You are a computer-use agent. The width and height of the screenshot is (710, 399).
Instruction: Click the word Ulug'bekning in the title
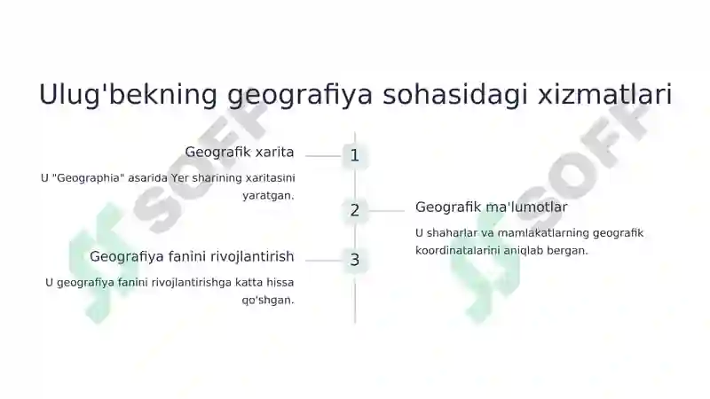pos(128,95)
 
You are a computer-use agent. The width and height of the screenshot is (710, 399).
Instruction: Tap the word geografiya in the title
pos(300,95)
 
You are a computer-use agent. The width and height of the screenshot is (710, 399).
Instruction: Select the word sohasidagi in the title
pos(455,94)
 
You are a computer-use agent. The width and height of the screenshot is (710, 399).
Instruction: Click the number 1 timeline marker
pos(354,156)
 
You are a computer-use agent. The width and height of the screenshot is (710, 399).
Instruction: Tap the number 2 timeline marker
pos(354,210)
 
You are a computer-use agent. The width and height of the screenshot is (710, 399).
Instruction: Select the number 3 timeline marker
pos(354,260)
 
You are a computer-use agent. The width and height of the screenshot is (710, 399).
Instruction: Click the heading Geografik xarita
pos(240,152)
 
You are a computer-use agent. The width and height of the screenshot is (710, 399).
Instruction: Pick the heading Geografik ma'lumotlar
pos(492,207)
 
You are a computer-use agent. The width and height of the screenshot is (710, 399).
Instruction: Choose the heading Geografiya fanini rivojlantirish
pos(192,256)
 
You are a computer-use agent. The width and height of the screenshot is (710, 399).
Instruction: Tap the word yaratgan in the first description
pos(267,196)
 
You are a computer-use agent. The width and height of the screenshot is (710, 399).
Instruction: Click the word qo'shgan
pos(267,301)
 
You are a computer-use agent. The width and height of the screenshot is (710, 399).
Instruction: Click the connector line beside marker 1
pos(323,156)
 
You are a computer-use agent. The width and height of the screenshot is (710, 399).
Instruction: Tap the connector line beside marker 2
pos(386,211)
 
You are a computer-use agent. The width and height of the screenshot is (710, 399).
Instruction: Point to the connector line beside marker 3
pos(323,261)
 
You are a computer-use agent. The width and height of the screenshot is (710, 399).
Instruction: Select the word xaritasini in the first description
pos(271,178)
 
